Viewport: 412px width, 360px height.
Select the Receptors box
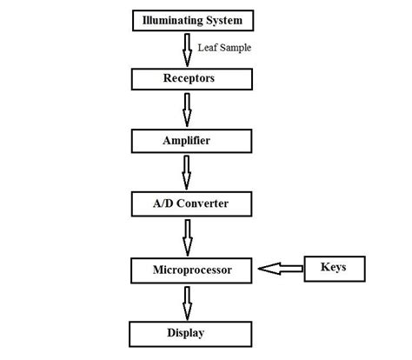(x=188, y=79)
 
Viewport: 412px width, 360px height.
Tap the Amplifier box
(x=188, y=139)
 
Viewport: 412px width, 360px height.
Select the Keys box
(x=334, y=268)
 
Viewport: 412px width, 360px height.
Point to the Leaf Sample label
(x=224, y=48)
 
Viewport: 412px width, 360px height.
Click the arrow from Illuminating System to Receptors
(x=187, y=49)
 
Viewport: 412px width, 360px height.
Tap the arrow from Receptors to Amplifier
(x=187, y=110)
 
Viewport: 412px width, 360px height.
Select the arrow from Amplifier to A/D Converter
(x=187, y=172)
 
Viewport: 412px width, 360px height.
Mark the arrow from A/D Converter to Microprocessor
(x=187, y=237)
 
